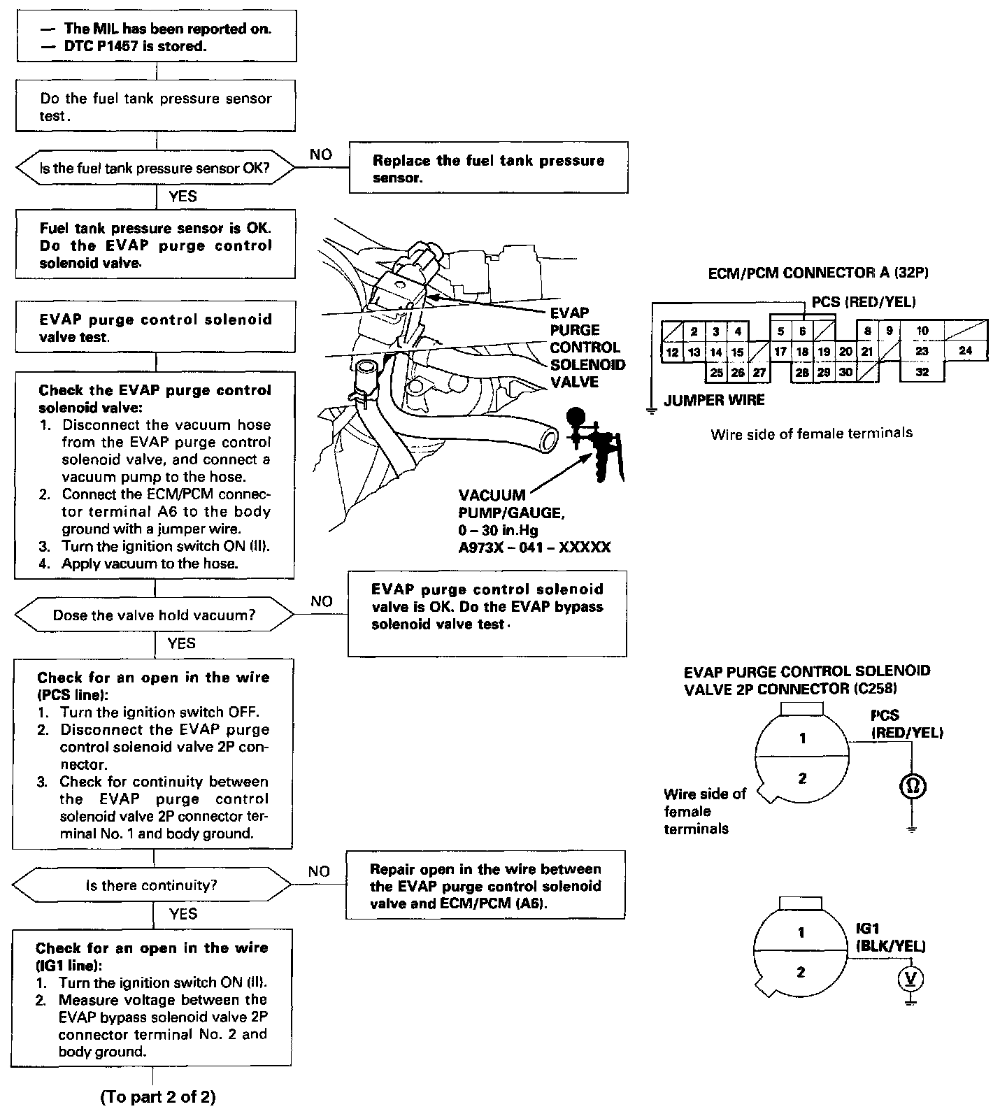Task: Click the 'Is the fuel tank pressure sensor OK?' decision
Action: (x=155, y=169)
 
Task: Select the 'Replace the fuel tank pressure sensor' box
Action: (x=488, y=169)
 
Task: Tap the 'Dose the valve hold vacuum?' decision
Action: (x=155, y=615)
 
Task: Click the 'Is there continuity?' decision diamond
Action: (x=152, y=885)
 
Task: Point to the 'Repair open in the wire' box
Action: (x=485, y=886)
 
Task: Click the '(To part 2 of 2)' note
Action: (x=158, y=1097)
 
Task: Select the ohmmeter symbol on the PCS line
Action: (x=913, y=786)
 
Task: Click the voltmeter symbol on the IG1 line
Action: (x=910, y=978)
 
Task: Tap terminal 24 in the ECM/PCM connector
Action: (x=965, y=351)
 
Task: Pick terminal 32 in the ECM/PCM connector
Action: (x=922, y=372)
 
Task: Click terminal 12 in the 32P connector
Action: (x=672, y=352)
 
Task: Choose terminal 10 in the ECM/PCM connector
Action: (x=922, y=331)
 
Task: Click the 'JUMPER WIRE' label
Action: (x=714, y=400)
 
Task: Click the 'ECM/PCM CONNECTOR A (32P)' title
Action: (x=818, y=273)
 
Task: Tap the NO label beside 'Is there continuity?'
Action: (x=319, y=871)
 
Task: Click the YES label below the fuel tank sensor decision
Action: (x=183, y=196)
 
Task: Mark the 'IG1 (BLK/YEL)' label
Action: (x=890, y=937)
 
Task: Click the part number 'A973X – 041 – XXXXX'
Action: (x=534, y=547)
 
